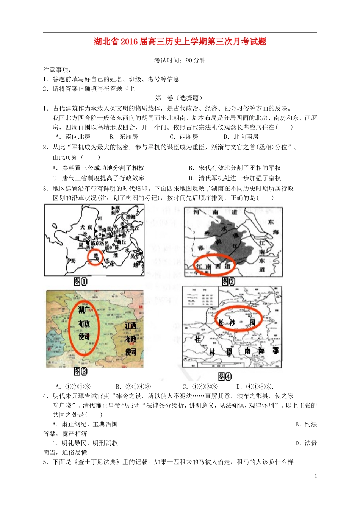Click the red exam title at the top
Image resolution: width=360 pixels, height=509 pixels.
pos(180,42)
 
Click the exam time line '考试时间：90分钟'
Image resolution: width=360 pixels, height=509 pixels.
pos(180,61)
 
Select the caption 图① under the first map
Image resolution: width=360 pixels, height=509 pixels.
pos(81,282)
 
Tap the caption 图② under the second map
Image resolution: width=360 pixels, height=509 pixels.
pos(229,281)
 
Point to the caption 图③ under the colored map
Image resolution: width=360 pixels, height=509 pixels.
pos(81,372)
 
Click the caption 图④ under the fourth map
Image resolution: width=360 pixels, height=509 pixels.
pos(225,376)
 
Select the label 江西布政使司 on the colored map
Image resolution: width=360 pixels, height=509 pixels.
pos(131,339)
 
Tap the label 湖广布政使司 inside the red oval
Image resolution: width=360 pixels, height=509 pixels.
pos(84,323)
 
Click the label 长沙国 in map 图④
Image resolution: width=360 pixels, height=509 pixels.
pos(235,322)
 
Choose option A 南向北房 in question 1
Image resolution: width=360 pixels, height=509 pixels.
pos(73,137)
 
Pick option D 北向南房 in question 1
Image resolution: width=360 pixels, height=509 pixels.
pos(241,137)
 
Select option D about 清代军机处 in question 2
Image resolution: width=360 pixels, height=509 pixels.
pos(235,178)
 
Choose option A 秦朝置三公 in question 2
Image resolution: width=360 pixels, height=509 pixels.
pos(99,168)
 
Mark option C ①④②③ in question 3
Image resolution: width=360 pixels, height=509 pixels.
pos(200,387)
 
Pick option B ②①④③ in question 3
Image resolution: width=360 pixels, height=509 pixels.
pos(133,387)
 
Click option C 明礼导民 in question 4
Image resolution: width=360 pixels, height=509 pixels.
pos(85,443)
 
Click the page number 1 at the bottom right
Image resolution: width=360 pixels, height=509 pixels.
pos(316,476)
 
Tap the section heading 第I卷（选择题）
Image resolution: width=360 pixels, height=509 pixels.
pos(179,98)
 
